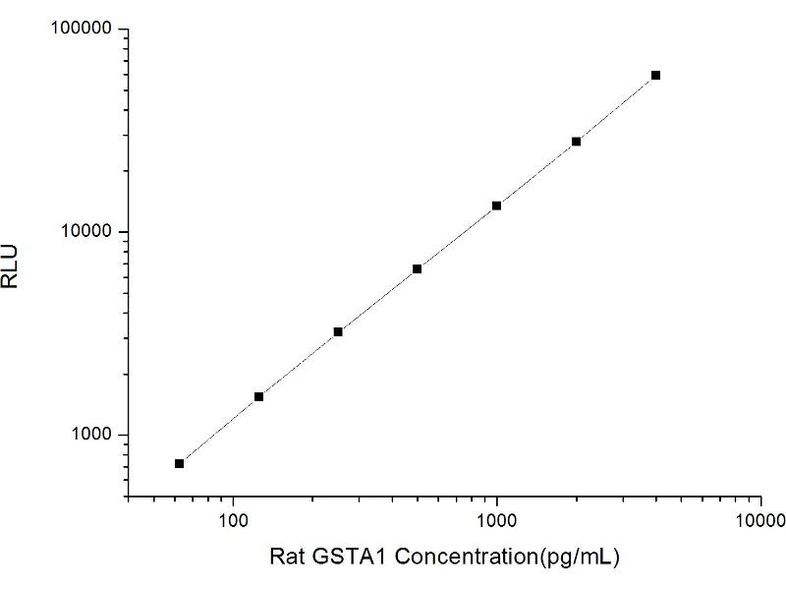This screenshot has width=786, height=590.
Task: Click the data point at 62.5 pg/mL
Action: (x=179, y=463)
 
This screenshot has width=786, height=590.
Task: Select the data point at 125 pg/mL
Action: (x=258, y=396)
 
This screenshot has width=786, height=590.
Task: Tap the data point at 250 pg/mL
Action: (x=338, y=331)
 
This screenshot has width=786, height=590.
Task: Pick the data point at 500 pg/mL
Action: (x=417, y=268)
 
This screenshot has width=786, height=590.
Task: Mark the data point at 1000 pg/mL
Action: (x=496, y=206)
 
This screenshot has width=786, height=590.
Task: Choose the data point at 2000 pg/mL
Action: (x=576, y=142)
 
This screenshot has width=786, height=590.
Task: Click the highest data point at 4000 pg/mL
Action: (x=655, y=75)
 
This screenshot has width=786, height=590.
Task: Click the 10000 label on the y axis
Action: (x=87, y=232)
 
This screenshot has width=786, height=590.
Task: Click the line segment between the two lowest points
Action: (x=218, y=430)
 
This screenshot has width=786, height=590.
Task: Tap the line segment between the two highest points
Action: (x=615, y=108)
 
